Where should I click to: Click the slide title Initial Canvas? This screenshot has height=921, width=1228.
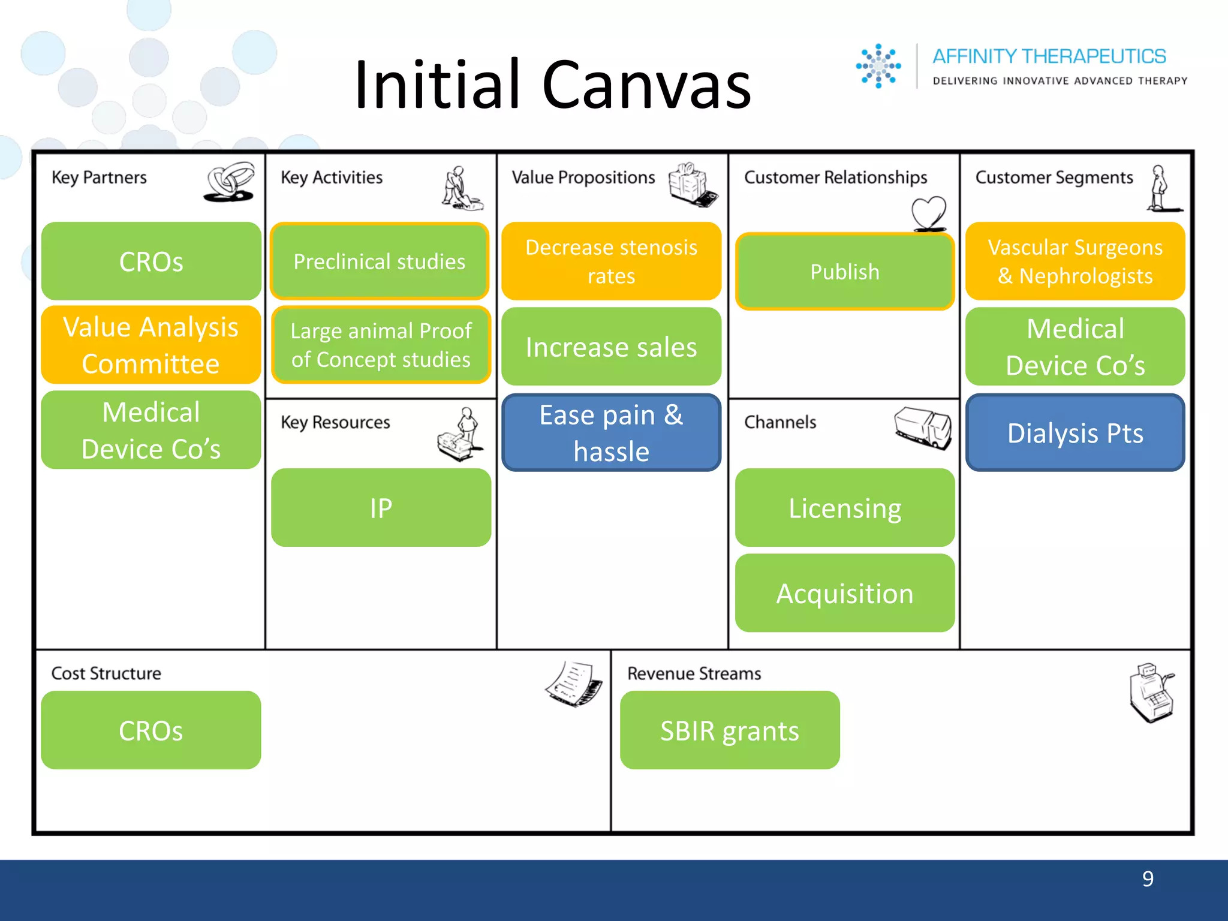point(552,85)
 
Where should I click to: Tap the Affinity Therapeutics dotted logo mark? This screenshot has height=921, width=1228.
point(878,66)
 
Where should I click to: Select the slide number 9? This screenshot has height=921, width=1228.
point(1147,879)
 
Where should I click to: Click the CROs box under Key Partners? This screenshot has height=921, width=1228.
point(151,261)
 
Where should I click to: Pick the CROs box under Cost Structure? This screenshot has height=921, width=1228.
point(151,730)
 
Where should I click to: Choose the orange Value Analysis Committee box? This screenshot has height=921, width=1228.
point(151,345)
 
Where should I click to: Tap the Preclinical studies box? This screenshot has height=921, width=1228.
point(380,261)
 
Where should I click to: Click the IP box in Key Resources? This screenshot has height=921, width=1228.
point(381,508)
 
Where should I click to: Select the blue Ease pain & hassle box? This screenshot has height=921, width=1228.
point(611,432)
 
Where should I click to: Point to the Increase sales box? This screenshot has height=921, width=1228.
point(611,347)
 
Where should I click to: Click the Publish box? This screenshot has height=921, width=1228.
point(844,272)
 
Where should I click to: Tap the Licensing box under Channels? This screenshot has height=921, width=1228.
point(844,508)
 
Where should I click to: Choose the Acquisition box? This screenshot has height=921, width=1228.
point(844,593)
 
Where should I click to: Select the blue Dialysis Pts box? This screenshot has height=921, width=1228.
point(1075,432)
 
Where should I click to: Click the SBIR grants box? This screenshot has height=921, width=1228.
point(730,730)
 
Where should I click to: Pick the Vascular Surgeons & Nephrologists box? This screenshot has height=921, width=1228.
point(1075,261)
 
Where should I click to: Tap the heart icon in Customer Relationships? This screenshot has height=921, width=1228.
point(929,213)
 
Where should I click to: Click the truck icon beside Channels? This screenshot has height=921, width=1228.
point(923,428)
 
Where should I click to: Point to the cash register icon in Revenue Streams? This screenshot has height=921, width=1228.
point(1152,693)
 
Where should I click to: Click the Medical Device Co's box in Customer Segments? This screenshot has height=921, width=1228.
point(1075,347)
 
